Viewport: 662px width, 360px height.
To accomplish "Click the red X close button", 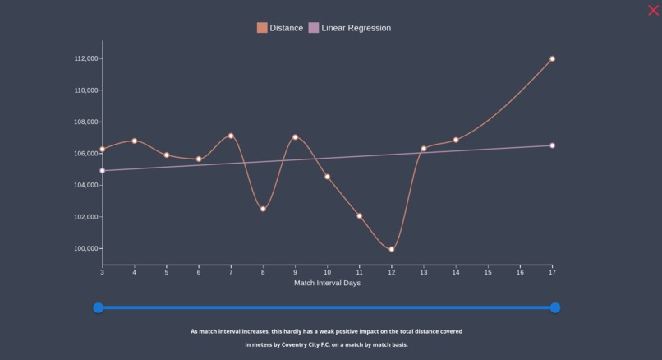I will (x=654, y=11).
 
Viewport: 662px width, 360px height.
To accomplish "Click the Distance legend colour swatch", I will (x=262, y=28).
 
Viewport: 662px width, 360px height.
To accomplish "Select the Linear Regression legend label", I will (x=356, y=28).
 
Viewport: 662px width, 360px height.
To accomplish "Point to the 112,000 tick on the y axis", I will (x=86, y=59).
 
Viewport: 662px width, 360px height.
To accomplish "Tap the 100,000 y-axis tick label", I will (x=86, y=249).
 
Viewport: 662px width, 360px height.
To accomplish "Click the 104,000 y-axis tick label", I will (x=86, y=186).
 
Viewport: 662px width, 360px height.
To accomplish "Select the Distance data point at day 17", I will (x=552, y=59).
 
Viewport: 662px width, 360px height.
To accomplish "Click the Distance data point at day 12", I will (x=392, y=249).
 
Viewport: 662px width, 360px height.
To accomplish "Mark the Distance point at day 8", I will (x=263, y=209).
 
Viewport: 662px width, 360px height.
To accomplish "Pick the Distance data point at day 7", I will (x=231, y=136).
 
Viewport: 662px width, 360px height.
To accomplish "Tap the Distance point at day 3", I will (x=103, y=150).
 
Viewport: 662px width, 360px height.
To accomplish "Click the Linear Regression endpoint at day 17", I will (x=552, y=145).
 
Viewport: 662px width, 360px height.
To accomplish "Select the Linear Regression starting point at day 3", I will (x=103, y=171).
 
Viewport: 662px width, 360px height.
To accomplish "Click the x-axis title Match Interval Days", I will (x=327, y=283).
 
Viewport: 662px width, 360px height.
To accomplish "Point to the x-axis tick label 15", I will (x=488, y=272).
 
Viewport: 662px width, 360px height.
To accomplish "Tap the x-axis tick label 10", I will (x=327, y=272).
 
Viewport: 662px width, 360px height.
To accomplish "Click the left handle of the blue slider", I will (x=99, y=307).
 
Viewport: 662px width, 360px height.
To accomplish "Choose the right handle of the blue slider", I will (x=555, y=307).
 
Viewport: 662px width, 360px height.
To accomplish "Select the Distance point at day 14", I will (x=456, y=140).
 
